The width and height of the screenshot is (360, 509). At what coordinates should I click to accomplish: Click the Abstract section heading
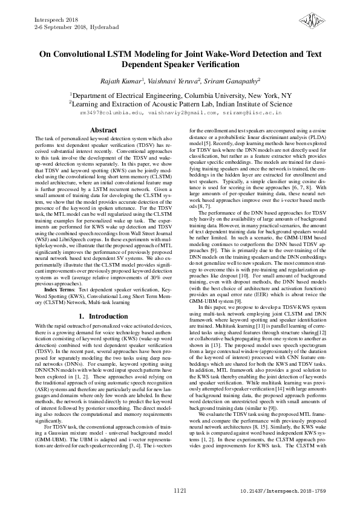[103, 131]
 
